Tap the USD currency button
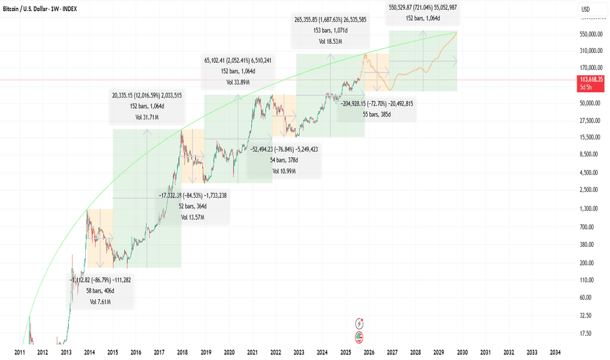click(x=586, y=9)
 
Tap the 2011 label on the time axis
click(x=20, y=353)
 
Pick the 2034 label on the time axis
click(x=555, y=353)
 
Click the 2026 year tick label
click(x=369, y=353)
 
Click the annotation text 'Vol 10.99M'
click(x=284, y=170)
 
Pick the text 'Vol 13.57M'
click(x=194, y=217)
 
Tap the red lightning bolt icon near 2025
click(x=359, y=323)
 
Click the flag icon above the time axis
click(x=359, y=338)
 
